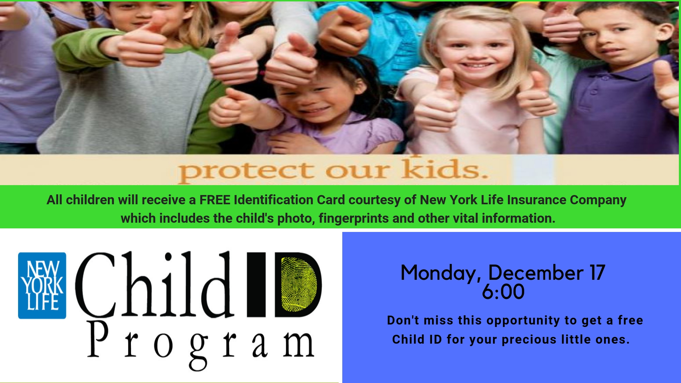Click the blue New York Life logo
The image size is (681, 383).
[x=42, y=285]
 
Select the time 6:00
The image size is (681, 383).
[x=503, y=292]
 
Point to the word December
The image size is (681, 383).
[x=536, y=273]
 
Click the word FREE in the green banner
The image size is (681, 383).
[x=215, y=200]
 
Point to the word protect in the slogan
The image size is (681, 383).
[x=246, y=172]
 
